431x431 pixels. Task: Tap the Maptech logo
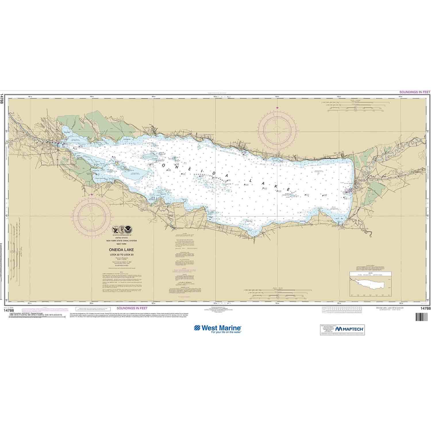click(x=349, y=328)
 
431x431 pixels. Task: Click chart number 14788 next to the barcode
click(x=425, y=309)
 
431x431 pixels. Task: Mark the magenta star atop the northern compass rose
click(x=277, y=108)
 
